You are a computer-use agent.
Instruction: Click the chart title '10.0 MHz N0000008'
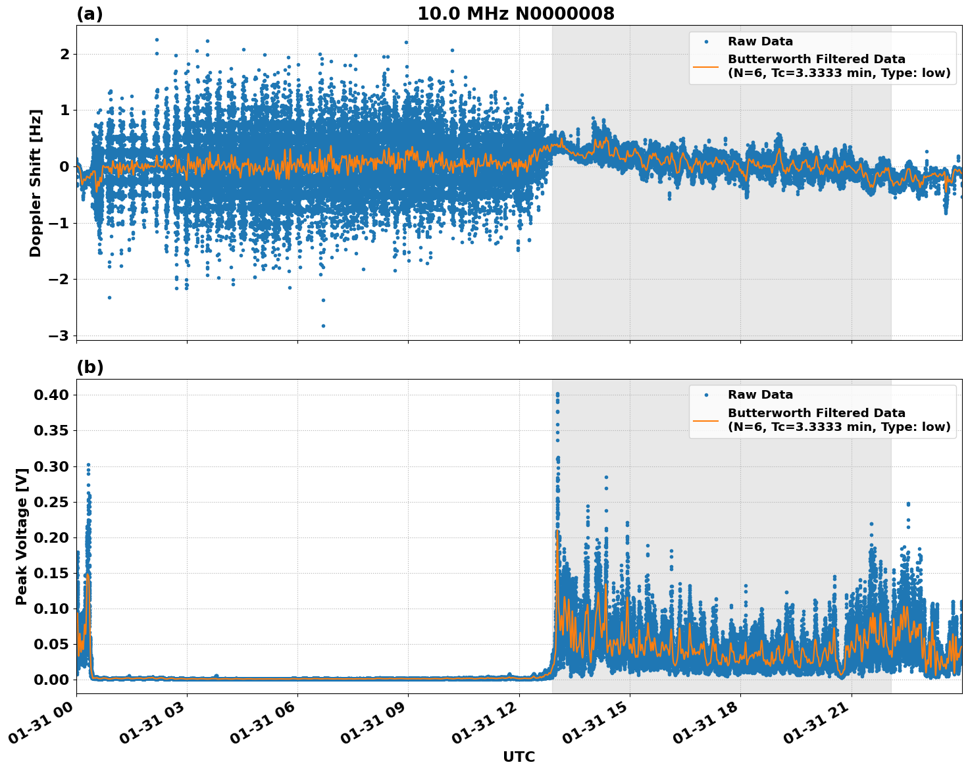[x=515, y=14]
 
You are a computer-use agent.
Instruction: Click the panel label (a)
[x=89, y=14]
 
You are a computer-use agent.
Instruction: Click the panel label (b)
[x=89, y=367]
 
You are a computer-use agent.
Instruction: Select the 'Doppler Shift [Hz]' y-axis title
[x=36, y=183]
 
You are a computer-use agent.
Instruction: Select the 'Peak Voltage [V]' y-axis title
[x=22, y=536]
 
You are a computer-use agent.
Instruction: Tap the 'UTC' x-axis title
[x=519, y=757]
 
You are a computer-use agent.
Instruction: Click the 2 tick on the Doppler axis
[x=64, y=54]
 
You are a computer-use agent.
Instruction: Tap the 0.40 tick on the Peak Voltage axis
[x=51, y=395]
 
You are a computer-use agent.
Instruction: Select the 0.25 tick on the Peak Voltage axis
[x=51, y=501]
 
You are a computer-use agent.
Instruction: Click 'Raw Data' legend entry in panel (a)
[x=760, y=41]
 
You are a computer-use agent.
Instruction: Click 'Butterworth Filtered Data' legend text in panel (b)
[x=816, y=413]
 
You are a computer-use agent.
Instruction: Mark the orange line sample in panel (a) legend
[x=706, y=66]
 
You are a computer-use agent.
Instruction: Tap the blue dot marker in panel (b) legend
[x=706, y=395]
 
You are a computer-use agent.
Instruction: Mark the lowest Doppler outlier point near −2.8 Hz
[x=323, y=326]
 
